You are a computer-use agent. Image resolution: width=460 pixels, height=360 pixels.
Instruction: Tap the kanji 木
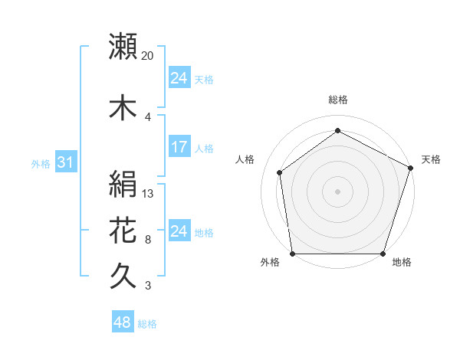123,108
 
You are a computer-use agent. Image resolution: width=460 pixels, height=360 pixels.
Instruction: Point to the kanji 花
123,231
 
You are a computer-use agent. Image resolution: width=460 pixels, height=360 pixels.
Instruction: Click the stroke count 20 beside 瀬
148,56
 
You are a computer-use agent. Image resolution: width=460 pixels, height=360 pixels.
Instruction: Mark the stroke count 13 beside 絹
148,193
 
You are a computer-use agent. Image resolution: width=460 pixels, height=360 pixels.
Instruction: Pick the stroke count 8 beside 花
147,239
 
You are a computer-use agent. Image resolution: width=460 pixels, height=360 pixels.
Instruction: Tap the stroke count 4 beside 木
147,116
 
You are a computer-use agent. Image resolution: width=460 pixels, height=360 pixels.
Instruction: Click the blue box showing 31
65,163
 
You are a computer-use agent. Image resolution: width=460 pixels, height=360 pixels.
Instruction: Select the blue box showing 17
179,148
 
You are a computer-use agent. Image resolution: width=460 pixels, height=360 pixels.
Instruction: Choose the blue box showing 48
123,323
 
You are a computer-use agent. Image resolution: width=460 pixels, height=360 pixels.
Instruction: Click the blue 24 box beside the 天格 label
179,79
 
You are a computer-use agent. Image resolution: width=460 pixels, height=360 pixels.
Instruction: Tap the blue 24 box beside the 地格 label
179,232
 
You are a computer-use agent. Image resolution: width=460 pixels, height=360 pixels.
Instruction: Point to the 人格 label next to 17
204,149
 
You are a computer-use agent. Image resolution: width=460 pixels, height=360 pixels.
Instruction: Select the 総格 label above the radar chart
337,100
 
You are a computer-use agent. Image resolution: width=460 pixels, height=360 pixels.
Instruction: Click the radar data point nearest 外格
292,254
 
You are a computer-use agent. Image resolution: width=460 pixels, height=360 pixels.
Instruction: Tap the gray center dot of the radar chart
337,191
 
